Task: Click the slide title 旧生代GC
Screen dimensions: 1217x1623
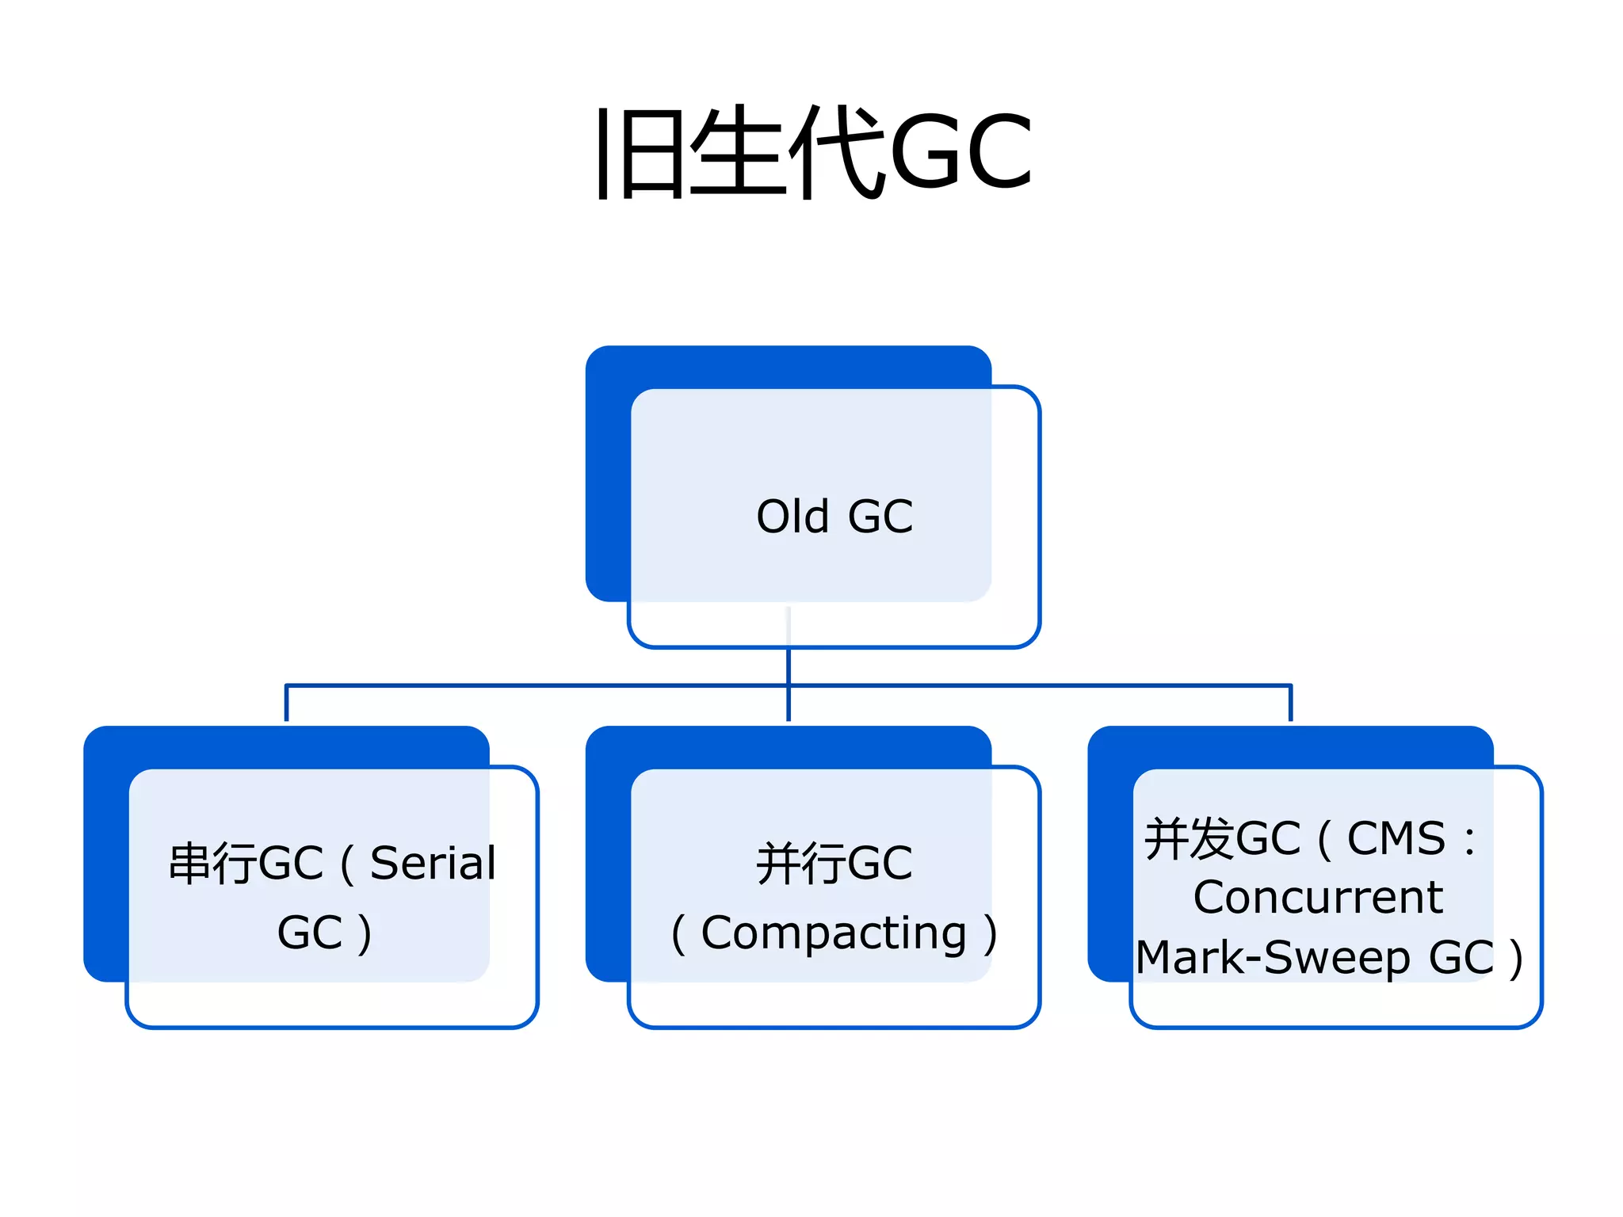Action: [x=814, y=152]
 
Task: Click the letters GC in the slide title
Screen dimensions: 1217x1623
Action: [x=960, y=152]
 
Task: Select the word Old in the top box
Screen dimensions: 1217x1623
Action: [x=792, y=517]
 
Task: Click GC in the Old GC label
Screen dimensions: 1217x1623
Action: [x=880, y=517]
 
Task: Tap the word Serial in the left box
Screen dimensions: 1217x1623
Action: [x=433, y=863]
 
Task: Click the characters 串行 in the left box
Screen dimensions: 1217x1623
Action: [x=212, y=864]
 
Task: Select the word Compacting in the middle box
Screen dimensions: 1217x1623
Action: [x=834, y=933]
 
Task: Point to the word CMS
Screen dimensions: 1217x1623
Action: [x=1396, y=838]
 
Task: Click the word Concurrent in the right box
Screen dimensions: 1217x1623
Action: [x=1318, y=898]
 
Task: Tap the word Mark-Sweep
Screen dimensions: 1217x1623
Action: [x=1273, y=958]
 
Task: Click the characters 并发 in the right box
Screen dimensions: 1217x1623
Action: [x=1189, y=839]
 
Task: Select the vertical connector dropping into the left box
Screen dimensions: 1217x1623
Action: [x=286, y=704]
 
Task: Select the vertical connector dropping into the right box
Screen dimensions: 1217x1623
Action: [x=1290, y=704]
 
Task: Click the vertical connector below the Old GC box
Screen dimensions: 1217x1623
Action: [x=789, y=666]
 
